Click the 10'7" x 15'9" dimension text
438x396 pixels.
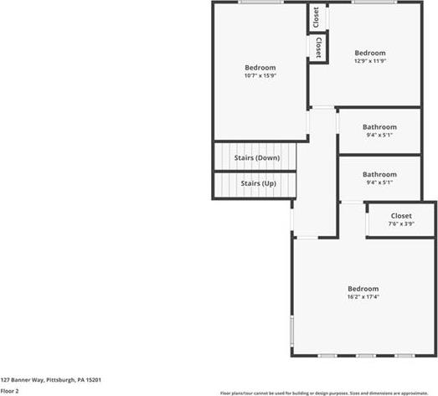[x=260, y=75]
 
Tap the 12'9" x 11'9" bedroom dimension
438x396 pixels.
[x=370, y=60]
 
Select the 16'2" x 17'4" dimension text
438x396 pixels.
[x=363, y=296]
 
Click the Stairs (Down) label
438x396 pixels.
[x=257, y=157]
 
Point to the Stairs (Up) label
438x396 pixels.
[x=259, y=183]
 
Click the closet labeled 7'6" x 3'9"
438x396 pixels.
[x=401, y=219]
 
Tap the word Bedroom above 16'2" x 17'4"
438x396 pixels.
[x=363, y=289]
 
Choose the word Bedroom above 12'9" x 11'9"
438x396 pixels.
[x=370, y=53]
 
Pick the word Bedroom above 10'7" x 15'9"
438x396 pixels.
[x=260, y=68]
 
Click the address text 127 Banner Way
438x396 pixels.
[x=22, y=380]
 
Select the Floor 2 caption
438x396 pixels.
[x=9, y=391]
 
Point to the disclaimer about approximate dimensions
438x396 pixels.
[x=324, y=393]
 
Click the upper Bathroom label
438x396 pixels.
[x=379, y=127]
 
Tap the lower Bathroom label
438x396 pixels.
[x=379, y=174]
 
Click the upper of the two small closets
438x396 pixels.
[x=317, y=17]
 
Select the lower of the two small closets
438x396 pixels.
[x=317, y=48]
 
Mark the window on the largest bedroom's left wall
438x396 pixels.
[x=292, y=332]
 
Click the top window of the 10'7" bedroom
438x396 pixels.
[x=261, y=2]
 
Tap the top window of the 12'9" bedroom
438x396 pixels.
[x=374, y=2]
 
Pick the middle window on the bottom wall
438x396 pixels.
[x=366, y=356]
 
